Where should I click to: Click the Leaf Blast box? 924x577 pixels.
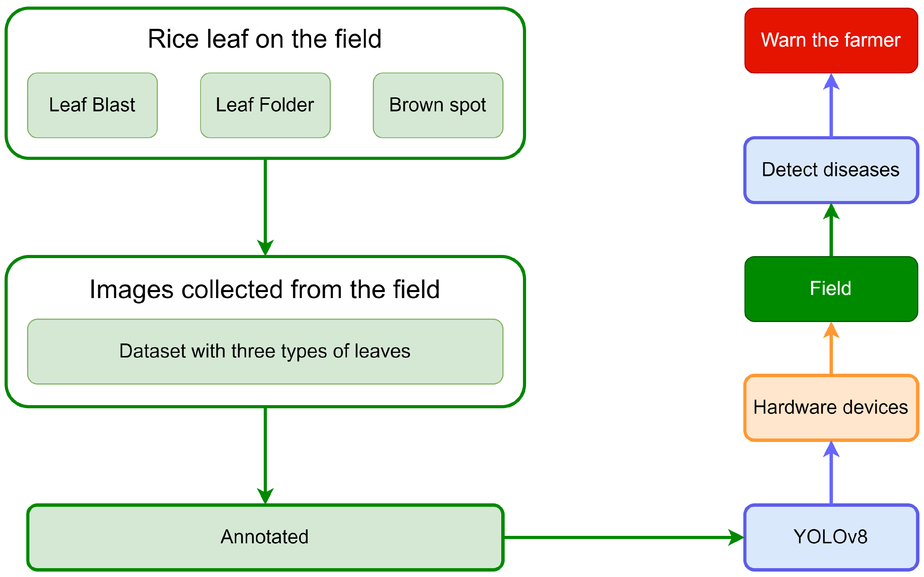(92, 105)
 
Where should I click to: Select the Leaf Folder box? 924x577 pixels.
(265, 105)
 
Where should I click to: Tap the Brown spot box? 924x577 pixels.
(438, 105)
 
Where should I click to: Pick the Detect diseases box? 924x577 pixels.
(831, 170)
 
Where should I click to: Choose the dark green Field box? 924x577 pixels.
(831, 289)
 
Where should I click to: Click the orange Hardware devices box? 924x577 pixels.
(831, 408)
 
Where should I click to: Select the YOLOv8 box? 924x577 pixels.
(831, 537)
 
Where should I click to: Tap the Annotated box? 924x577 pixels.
(265, 537)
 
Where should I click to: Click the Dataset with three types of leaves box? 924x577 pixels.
(265, 351)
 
